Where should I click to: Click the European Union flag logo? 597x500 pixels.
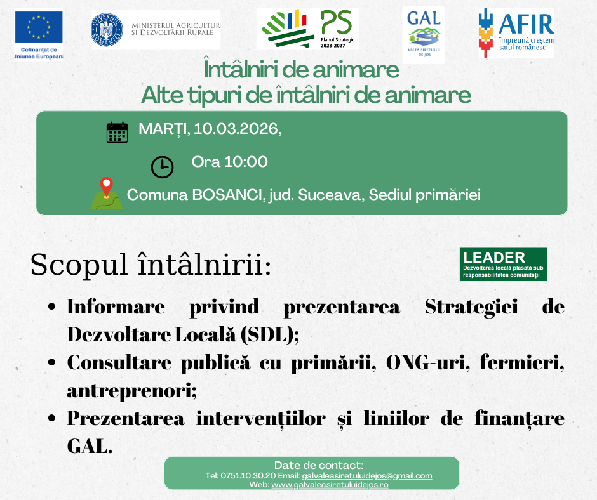[39, 27]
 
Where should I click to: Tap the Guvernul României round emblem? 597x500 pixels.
[107, 30]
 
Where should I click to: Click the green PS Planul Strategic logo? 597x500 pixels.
[307, 29]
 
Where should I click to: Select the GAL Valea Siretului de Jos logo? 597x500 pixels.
[424, 35]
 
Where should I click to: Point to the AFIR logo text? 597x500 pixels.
[527, 24]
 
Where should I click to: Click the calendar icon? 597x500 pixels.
[117, 132]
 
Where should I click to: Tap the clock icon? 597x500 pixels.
[162, 167]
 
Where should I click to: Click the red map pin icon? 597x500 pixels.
[107, 187]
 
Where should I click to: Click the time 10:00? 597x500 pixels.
[246, 162]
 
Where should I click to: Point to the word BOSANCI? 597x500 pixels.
[227, 195]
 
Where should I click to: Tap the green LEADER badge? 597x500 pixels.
[504, 265]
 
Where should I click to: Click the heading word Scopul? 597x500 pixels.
[79, 265]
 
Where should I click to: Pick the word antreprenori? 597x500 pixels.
[131, 390]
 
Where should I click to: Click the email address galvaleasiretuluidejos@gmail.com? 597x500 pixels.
[367, 476]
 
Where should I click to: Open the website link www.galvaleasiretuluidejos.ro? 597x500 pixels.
[330, 485]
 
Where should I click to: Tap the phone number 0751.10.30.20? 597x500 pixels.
[248, 476]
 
